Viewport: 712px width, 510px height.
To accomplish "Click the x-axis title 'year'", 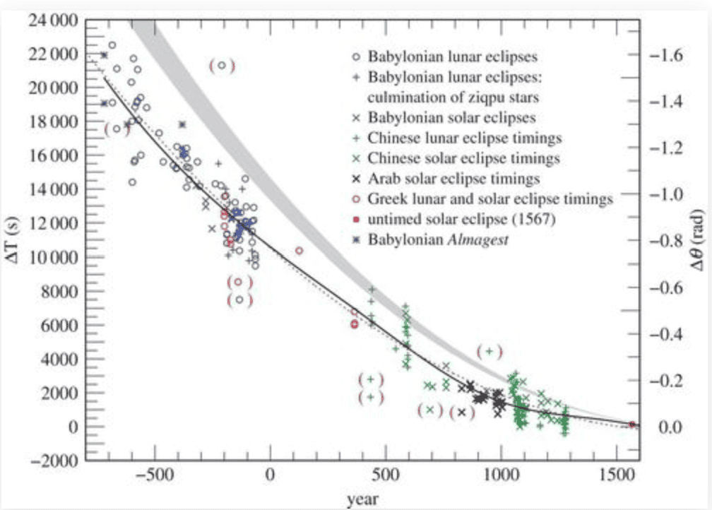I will (362, 499).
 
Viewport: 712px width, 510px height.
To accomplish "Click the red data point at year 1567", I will (632, 424).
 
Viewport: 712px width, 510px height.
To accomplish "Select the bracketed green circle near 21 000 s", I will (222, 66).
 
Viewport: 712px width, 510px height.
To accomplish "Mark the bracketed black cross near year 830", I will (462, 413).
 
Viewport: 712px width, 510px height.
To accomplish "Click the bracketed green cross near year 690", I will (429, 410).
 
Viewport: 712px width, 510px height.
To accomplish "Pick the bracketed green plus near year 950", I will (490, 351).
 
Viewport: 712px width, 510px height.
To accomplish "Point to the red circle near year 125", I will (299, 250).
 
